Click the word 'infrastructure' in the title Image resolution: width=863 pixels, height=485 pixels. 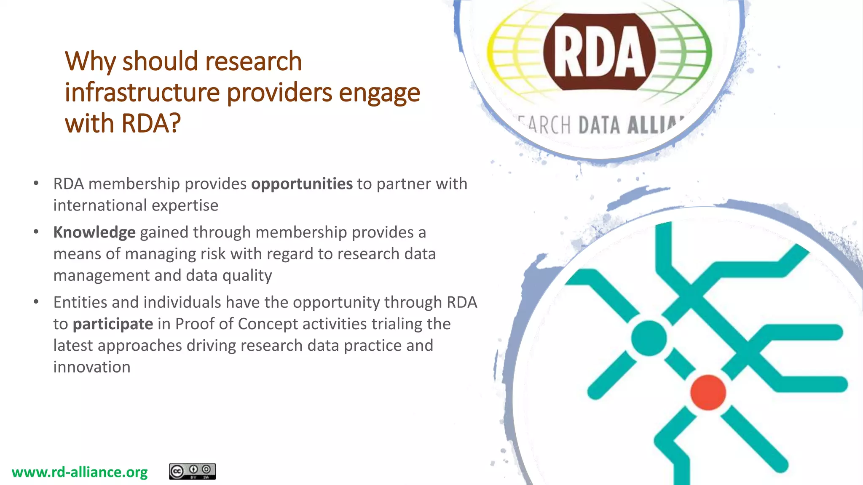(x=142, y=93)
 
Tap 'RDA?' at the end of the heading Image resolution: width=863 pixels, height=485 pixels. (x=151, y=124)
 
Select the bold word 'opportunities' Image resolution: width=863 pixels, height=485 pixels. (x=302, y=184)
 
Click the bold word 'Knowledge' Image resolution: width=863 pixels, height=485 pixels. (x=94, y=232)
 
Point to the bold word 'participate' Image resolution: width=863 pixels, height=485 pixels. (x=113, y=324)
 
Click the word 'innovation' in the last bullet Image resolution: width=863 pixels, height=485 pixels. (x=92, y=367)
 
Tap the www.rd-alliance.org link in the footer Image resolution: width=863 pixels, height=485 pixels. (x=80, y=472)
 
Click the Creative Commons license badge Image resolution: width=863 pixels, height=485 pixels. (x=192, y=472)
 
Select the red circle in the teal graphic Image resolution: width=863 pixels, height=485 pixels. (x=708, y=392)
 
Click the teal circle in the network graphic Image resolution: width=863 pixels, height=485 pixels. (x=649, y=338)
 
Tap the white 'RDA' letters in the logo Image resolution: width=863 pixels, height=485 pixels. (x=599, y=52)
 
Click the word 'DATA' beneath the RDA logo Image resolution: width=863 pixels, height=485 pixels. (x=599, y=125)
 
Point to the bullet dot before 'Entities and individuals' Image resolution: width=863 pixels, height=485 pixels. (x=36, y=302)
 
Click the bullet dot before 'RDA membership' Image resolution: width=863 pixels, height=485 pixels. (x=36, y=183)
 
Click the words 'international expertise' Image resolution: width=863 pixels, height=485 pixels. (x=136, y=205)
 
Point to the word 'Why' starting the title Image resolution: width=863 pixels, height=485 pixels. (x=90, y=61)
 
